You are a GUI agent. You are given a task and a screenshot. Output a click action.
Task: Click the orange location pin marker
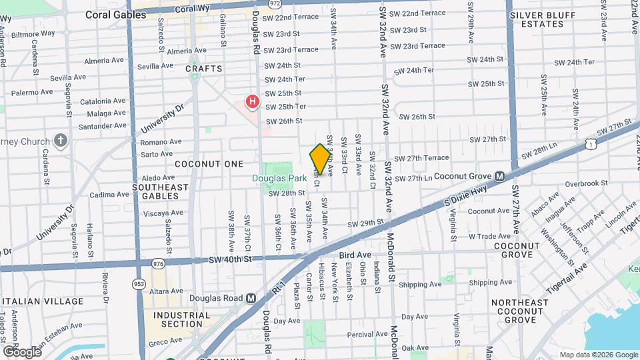pyautogui.click(x=320, y=159)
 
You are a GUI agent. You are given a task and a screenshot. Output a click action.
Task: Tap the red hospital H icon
pyautogui.click(x=253, y=102)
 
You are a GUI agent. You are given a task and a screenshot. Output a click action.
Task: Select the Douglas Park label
pyautogui.click(x=279, y=178)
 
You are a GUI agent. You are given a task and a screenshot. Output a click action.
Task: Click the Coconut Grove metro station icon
pyautogui.click(x=499, y=176)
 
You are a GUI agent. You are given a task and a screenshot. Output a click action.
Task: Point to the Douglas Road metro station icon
pyautogui.click(x=251, y=298)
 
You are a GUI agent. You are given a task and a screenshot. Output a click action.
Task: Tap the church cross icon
pyautogui.click(x=61, y=141)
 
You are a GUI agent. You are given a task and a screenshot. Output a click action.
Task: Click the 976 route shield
pyautogui.click(x=158, y=264)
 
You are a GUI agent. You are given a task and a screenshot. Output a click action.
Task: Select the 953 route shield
pyautogui.click(x=139, y=283)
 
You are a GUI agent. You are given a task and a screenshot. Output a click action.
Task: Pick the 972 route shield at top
pyautogui.click(x=256, y=3)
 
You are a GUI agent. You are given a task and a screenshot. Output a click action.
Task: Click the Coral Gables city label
pyautogui.click(x=115, y=14)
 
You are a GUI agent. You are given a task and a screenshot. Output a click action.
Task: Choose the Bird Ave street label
pyautogui.click(x=355, y=255)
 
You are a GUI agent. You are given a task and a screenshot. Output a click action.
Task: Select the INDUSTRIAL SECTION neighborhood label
pyautogui.click(x=177, y=319)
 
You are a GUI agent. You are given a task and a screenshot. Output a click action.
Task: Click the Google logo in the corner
pyautogui.click(x=21, y=351)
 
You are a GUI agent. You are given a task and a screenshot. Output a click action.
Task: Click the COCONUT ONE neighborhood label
pyautogui.click(x=200, y=163)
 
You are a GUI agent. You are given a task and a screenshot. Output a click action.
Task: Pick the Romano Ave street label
pyautogui.click(x=161, y=141)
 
